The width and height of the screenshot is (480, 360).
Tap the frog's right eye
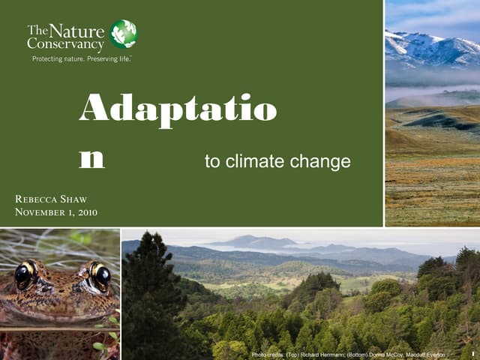[x=100, y=276]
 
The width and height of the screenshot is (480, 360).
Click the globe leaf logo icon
[x=124, y=34]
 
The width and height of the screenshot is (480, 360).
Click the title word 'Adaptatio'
[x=178, y=111]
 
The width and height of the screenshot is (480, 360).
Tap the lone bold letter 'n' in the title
[x=91, y=159]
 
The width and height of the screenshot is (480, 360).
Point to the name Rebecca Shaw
[x=51, y=199]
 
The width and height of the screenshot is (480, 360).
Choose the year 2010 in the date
[x=86, y=213]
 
